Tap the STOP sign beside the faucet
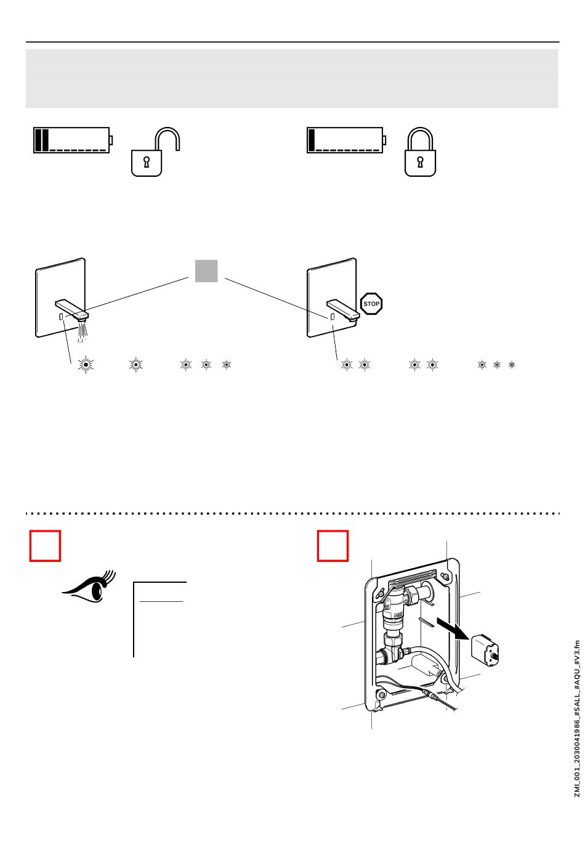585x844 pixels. pos(371,304)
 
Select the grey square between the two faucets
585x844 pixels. pos(206,271)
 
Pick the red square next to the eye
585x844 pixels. pos(45,546)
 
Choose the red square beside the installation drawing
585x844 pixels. pos(333,546)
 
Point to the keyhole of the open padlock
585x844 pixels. pos(147,162)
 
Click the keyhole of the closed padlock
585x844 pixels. pos(420,162)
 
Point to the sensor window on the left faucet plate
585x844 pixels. pos(61,316)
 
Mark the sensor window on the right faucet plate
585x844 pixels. pos(333,316)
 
